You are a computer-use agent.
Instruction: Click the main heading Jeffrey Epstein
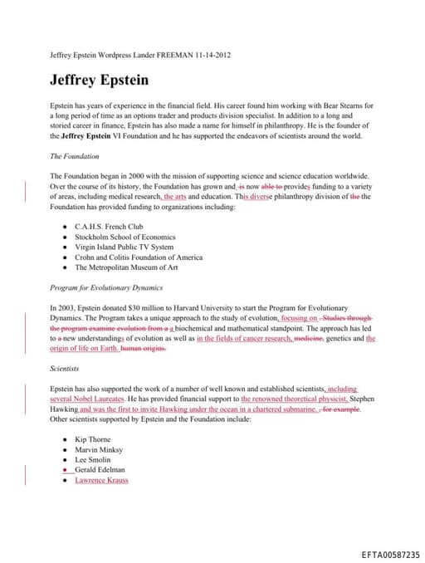coord(99,81)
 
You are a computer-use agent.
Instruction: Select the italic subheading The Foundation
coord(75,155)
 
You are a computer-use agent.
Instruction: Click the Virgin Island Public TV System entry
coord(124,247)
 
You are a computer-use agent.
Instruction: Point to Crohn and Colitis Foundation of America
coord(138,257)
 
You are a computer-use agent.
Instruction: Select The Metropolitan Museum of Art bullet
coord(125,267)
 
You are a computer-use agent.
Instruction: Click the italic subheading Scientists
coord(65,368)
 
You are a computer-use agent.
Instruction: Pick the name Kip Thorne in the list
coord(92,438)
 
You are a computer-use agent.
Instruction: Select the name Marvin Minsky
coord(98,449)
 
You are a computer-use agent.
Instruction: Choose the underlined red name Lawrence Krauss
coord(101,480)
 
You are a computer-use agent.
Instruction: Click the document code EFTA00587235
coord(390,554)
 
